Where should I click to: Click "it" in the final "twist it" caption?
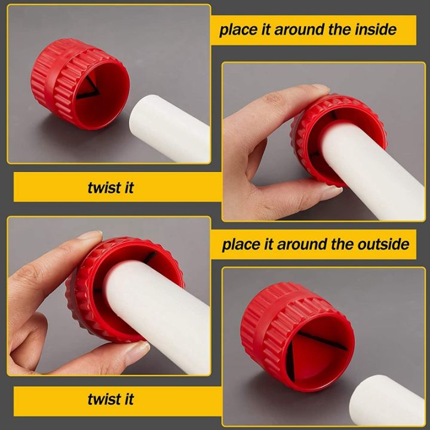click(x=127, y=399)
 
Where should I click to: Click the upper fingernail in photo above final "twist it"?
click(x=90, y=236)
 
